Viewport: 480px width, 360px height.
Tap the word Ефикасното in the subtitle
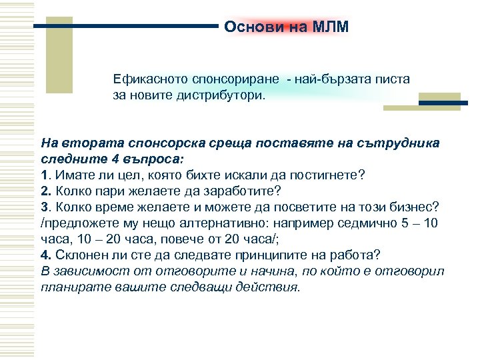click(x=147, y=79)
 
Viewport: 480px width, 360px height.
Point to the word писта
click(x=394, y=79)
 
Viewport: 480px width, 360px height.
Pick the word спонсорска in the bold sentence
click(x=169, y=143)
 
